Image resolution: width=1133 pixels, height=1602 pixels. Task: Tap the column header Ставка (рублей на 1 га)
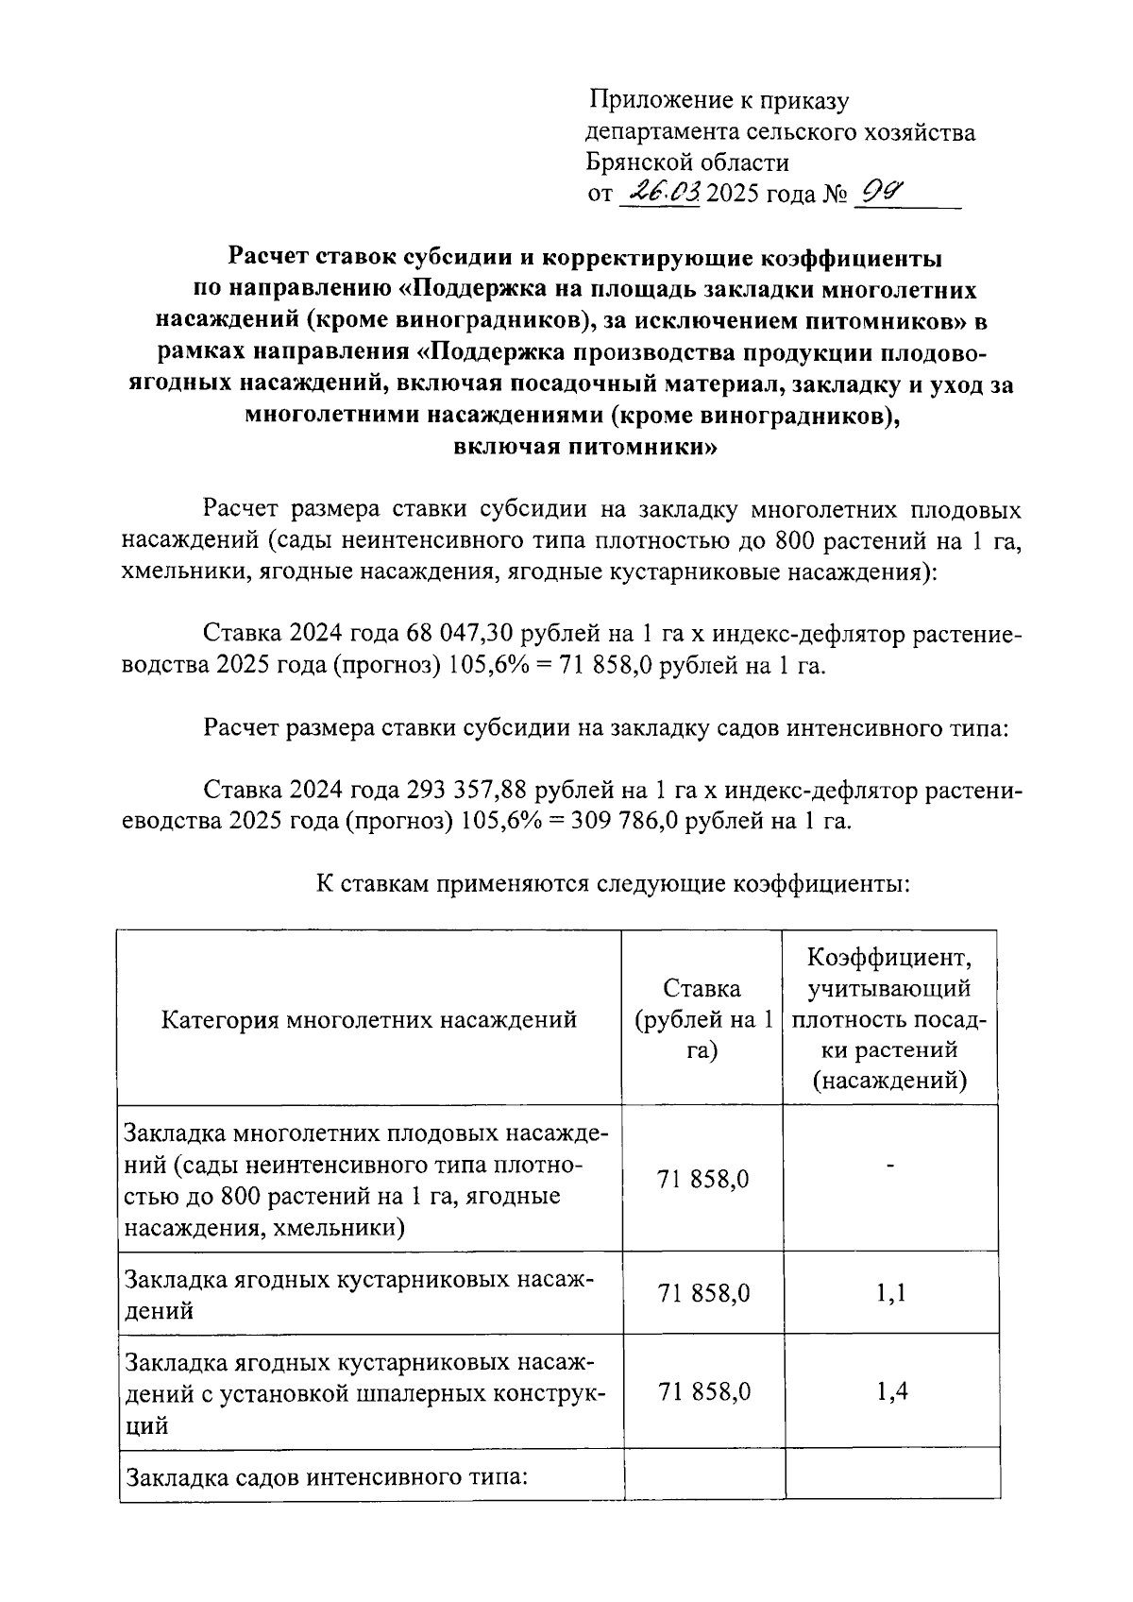click(x=702, y=1018)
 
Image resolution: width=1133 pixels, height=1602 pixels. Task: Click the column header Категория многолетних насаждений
click(x=369, y=1019)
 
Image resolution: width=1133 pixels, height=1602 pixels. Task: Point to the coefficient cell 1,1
click(x=890, y=1293)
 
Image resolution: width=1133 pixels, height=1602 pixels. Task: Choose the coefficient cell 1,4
click(x=891, y=1390)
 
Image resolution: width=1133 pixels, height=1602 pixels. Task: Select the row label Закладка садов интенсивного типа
click(x=326, y=1475)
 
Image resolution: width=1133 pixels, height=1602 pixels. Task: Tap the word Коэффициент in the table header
click(x=889, y=958)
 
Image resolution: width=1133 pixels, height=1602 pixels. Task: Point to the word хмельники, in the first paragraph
click(x=180, y=571)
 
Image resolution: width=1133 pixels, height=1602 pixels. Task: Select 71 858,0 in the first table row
click(x=703, y=1179)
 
